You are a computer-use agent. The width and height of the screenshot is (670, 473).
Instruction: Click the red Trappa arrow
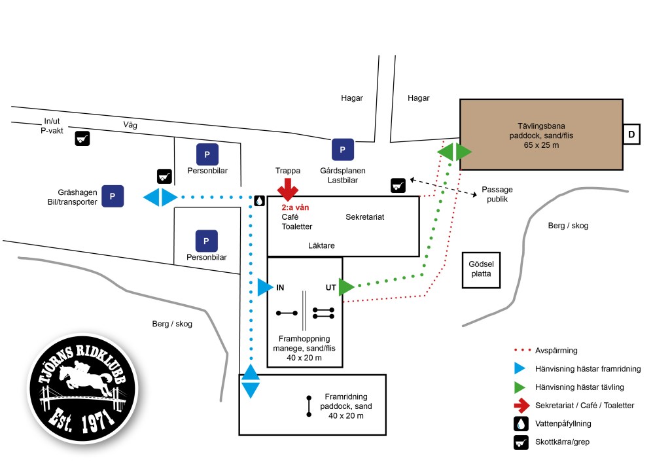pos(287,190)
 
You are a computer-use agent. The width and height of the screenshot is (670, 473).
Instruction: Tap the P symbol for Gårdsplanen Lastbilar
pos(342,149)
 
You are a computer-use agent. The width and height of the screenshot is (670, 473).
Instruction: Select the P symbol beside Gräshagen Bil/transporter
pos(113,196)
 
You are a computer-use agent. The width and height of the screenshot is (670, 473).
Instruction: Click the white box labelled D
pos(631,134)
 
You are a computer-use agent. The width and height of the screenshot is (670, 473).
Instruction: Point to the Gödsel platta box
pos(481,270)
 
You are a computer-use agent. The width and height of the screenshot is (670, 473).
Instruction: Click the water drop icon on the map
pos(260,200)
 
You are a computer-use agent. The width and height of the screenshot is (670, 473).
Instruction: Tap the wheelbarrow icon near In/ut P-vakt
pos(82,139)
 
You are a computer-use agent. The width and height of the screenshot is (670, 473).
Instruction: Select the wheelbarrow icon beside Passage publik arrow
pos(398,185)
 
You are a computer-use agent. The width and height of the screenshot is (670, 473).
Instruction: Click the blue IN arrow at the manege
pos(264,287)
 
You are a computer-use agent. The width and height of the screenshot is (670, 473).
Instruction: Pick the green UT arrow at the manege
pos(346,287)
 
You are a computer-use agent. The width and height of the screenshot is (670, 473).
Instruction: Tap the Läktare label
pos(321,246)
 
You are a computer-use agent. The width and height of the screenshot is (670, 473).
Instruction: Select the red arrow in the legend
pos(521,406)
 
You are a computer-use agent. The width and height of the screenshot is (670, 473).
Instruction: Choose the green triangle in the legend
pos(521,387)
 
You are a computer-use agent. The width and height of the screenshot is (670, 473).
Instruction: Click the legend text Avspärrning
pos(556,351)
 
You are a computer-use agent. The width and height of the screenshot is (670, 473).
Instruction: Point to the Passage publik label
pos(497,194)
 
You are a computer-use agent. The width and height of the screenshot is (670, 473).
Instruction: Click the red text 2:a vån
pos(295,207)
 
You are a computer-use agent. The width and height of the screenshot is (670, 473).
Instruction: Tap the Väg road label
pos(130,125)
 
